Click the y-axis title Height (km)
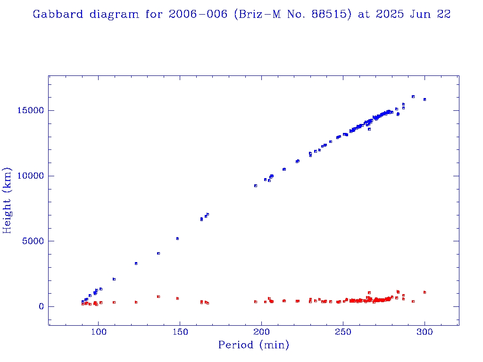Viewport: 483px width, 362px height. point(8,200)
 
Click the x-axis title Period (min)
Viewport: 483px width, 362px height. point(253,345)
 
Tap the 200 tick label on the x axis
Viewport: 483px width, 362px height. point(262,332)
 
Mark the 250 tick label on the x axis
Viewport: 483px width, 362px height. point(343,332)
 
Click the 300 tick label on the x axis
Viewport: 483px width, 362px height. point(425,332)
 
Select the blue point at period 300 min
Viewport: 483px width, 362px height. point(425,99)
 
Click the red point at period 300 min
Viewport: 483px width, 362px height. point(425,292)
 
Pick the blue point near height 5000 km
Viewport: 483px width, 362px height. point(177,239)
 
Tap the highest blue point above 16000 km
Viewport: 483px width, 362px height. point(413,97)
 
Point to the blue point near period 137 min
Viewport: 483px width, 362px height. point(158,253)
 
